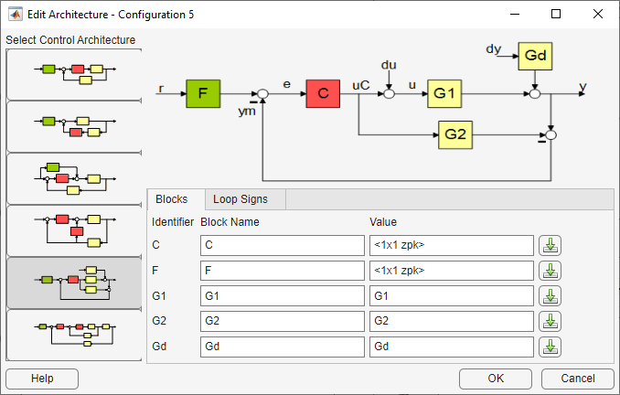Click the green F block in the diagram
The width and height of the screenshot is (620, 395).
coord(203,93)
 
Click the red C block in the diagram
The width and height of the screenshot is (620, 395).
coord(324,93)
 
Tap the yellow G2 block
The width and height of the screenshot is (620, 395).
coord(456,134)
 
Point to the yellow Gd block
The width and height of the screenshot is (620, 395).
coord(536,57)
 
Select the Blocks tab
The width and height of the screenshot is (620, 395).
coord(172,199)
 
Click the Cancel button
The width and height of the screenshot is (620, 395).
coord(577,379)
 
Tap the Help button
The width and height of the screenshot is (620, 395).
coord(42,379)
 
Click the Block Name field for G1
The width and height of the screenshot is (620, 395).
coord(282,296)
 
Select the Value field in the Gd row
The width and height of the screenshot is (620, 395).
coord(451,347)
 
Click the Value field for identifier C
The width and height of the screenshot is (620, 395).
coord(451,245)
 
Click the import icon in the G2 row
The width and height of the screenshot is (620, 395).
coord(550,322)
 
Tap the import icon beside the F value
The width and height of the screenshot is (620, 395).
coord(550,271)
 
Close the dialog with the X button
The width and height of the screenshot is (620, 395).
coord(598,15)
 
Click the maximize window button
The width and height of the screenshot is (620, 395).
coord(556,15)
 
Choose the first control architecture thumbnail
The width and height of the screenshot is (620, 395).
coord(74,73)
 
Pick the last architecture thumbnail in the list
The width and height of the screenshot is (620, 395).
coord(74,333)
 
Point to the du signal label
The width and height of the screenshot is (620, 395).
coord(388,65)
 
